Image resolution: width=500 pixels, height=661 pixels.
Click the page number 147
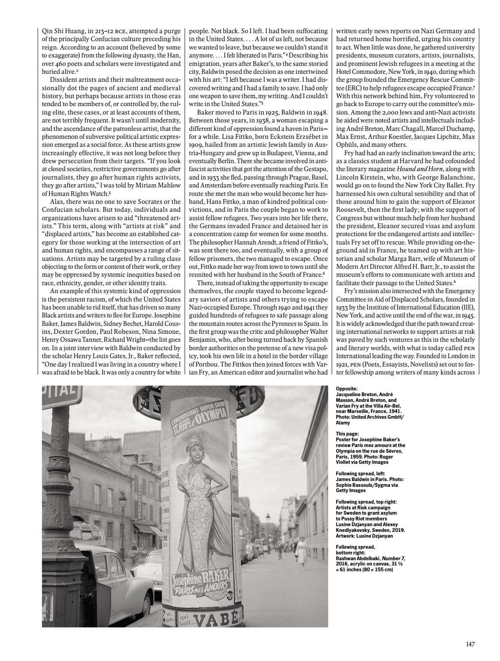tap(470, 645)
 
